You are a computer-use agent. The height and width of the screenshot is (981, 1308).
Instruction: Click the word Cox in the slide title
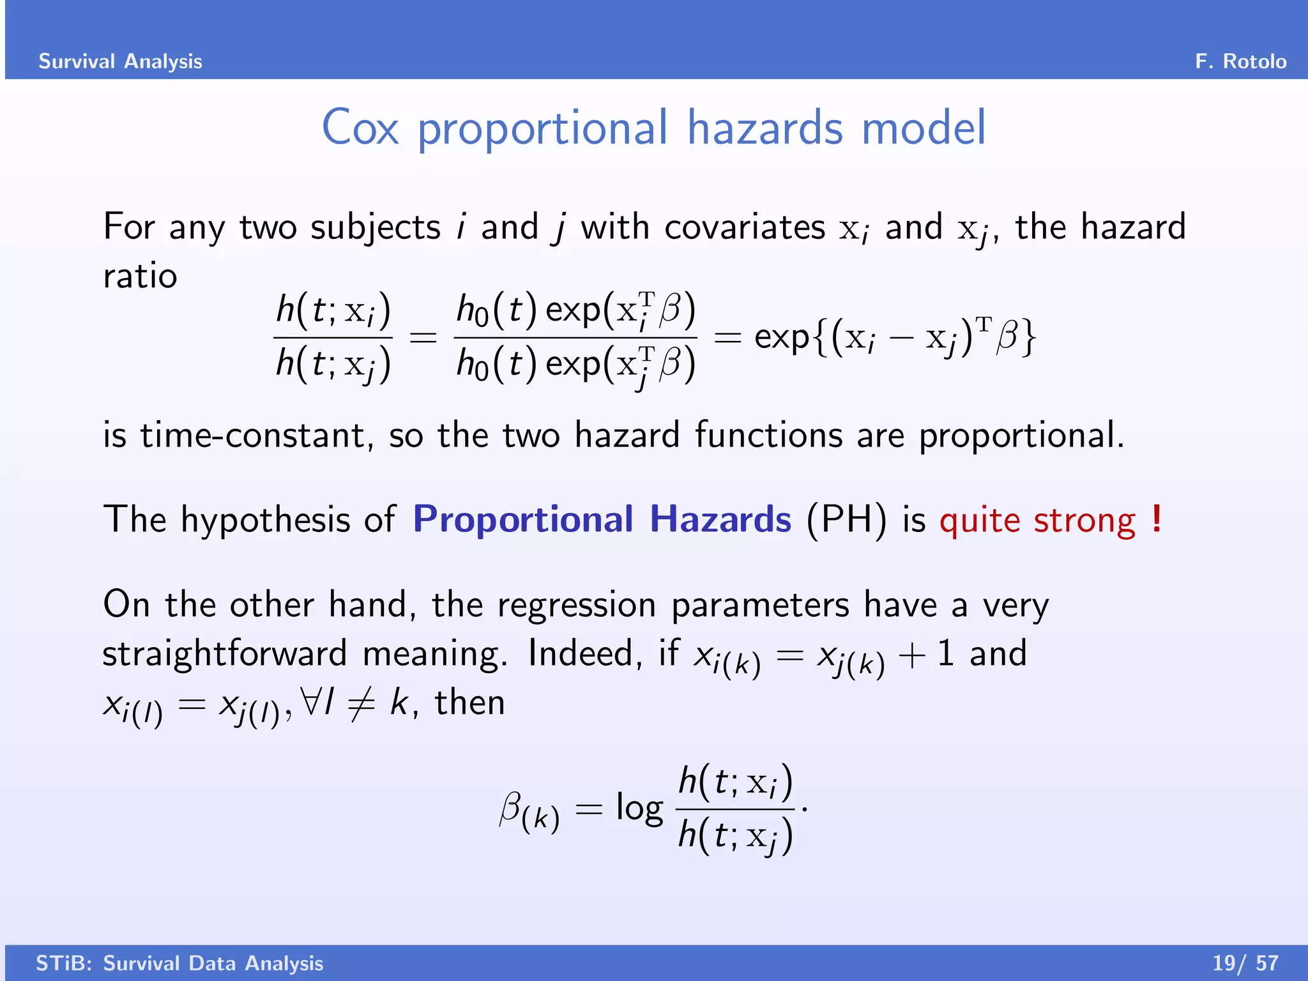point(360,128)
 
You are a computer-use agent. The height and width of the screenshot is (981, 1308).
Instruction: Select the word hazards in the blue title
point(765,128)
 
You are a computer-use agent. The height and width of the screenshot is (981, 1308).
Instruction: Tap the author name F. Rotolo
point(1240,61)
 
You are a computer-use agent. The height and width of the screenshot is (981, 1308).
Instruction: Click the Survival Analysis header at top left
point(120,61)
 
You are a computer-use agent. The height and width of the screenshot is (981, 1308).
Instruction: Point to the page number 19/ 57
point(1245,963)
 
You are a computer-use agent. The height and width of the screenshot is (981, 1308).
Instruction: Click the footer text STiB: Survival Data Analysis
point(179,963)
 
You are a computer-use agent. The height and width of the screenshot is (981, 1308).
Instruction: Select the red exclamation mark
point(1156,519)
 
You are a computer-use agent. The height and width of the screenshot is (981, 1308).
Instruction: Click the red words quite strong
point(1037,520)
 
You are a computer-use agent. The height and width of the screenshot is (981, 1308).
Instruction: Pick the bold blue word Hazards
point(720,519)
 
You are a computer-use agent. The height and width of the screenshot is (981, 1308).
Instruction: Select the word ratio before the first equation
point(140,277)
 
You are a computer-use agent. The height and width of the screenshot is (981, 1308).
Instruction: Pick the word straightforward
point(224,654)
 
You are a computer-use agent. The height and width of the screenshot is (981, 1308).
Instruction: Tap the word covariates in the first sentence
point(745,227)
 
